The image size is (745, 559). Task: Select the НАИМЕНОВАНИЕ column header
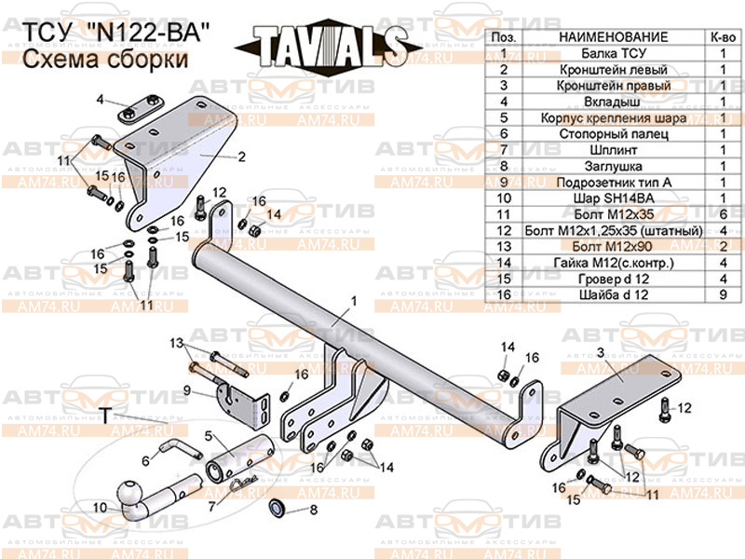(612, 36)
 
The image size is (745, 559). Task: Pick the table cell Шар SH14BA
(612, 198)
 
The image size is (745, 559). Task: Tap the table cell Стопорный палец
(612, 134)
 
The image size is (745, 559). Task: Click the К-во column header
(722, 36)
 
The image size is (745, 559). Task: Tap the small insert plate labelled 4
(141, 110)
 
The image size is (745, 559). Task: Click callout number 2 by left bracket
(240, 157)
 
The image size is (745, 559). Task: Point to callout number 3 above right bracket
(601, 351)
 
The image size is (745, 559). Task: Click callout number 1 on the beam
(354, 301)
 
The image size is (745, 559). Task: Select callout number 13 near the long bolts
(177, 344)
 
